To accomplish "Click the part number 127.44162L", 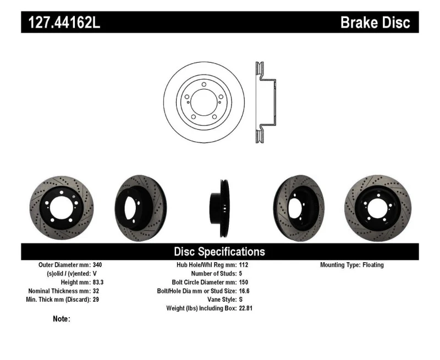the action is pyautogui.click(x=64, y=22).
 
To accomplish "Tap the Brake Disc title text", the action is pyautogui.click(x=375, y=22).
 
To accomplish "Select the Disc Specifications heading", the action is pyautogui.click(x=219, y=252).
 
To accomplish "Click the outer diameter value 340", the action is pyautogui.click(x=97, y=265).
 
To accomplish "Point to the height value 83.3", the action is pyautogui.click(x=98, y=282).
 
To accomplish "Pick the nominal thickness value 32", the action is pyautogui.click(x=96, y=291).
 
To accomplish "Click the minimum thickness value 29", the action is pyautogui.click(x=96, y=300).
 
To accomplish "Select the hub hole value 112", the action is pyautogui.click(x=244, y=265).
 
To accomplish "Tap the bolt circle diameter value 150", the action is pyautogui.click(x=244, y=282).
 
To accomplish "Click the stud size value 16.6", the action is pyautogui.click(x=244, y=291).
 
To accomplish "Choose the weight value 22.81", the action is pyautogui.click(x=245, y=308).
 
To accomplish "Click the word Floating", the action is pyautogui.click(x=373, y=265).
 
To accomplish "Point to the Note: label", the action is pyautogui.click(x=62, y=319).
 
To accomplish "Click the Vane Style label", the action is pyautogui.click(x=222, y=300).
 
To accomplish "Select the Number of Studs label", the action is pyautogui.click(x=214, y=273).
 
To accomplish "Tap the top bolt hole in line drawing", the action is pyautogui.click(x=204, y=85).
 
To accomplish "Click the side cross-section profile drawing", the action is pyautogui.click(x=266, y=102).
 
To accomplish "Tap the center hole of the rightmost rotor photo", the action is pyautogui.click(x=377, y=208).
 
